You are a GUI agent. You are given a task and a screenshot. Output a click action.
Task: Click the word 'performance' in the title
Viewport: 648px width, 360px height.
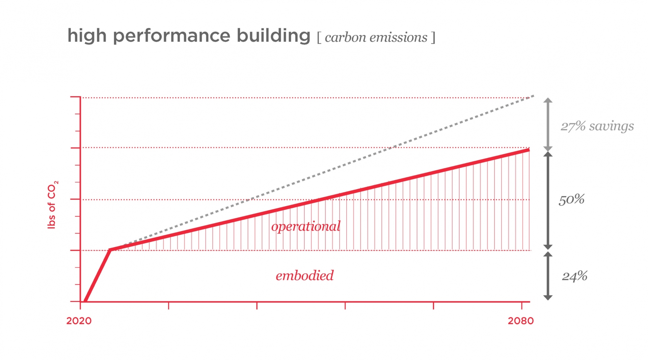(x=171, y=36)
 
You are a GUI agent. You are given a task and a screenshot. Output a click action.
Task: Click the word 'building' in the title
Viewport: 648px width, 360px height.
(x=273, y=35)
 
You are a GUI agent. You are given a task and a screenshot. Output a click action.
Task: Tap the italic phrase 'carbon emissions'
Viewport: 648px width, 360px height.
(x=376, y=37)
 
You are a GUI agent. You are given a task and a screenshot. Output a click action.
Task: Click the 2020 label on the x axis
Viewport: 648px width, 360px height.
(x=79, y=321)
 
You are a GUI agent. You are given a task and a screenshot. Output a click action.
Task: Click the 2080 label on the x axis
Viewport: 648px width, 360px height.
(x=520, y=321)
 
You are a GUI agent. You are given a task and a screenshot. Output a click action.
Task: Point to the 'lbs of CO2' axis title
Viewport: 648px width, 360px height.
(x=52, y=205)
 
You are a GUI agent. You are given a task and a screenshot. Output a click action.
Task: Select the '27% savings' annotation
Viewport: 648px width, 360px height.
(x=597, y=126)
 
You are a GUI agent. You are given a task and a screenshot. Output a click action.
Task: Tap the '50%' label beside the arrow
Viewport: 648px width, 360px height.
(x=571, y=199)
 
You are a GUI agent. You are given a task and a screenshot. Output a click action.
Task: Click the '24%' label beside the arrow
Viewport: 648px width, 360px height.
(x=574, y=276)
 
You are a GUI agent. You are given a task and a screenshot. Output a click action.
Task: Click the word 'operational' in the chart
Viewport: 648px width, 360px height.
(x=306, y=226)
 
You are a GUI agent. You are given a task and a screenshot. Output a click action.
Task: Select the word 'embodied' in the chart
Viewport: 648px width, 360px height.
(x=304, y=276)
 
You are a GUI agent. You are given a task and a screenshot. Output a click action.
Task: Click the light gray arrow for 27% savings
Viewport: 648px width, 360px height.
(x=548, y=124)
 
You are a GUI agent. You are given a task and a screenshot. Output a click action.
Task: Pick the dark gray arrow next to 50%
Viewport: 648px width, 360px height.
(x=548, y=200)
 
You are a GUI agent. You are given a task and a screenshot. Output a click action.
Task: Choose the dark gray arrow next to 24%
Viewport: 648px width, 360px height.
(x=548, y=276)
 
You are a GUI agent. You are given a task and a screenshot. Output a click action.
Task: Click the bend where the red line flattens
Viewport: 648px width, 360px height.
(x=110, y=250)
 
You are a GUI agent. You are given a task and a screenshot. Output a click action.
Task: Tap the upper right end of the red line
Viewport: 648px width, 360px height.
(x=528, y=150)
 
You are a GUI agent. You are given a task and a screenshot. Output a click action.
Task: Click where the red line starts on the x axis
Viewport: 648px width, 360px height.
(x=85, y=301)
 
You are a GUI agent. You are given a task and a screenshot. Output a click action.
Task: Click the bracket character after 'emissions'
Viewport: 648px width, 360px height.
(x=433, y=37)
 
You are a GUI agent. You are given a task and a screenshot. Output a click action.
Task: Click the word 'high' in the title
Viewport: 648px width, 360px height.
(x=87, y=35)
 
